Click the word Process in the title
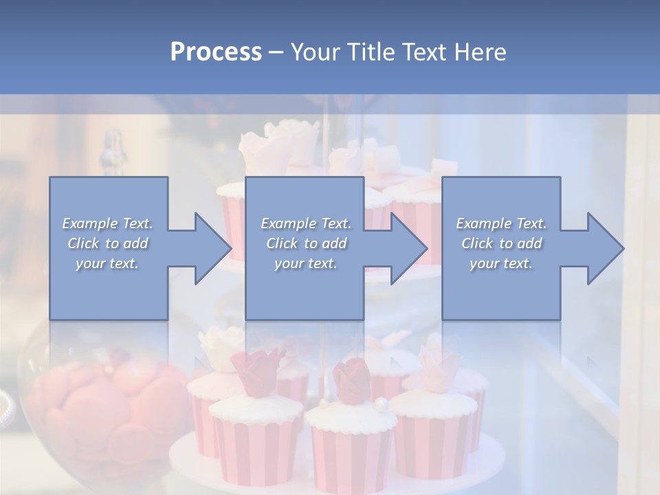coord(216,52)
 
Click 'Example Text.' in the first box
coord(108,223)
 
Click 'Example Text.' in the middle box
coord(306,223)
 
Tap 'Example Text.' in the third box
coord(501,223)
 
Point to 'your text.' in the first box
coord(108,263)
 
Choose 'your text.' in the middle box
coord(306,263)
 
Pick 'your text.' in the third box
coord(501,263)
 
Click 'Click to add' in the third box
coord(501,243)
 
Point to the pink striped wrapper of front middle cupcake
coord(351,457)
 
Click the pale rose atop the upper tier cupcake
coord(275,144)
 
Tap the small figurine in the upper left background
coord(113,151)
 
